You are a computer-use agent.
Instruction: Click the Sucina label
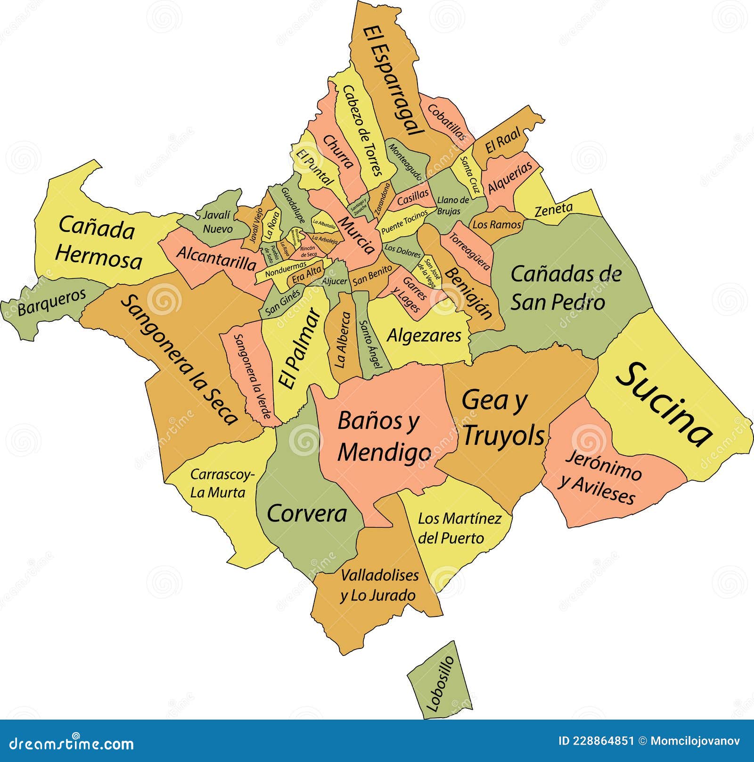664,403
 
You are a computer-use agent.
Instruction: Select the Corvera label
307,513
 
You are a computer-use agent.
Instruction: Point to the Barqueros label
52,302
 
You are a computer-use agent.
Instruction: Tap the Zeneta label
554,209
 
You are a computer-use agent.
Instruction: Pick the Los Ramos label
497,225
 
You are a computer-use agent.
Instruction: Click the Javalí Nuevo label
217,222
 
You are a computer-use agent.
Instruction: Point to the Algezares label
424,336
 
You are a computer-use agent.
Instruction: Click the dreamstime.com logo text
72,744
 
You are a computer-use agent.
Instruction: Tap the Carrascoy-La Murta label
221,483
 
